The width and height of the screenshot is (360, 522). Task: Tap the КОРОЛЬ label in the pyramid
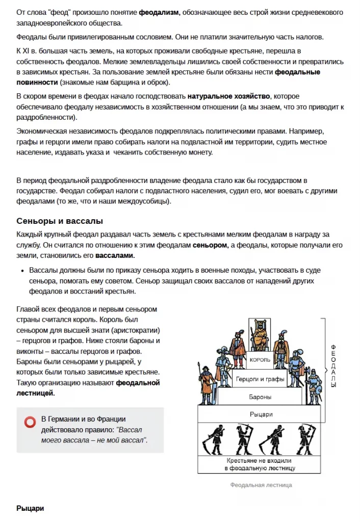pyautogui.click(x=260, y=359)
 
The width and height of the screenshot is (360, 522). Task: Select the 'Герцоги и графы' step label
pyautogui.click(x=260, y=379)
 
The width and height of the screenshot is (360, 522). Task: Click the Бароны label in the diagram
pyautogui.click(x=260, y=396)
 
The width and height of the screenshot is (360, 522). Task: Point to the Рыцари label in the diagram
pyautogui.click(x=260, y=413)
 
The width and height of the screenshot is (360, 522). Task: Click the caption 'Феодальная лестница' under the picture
pyautogui.click(x=261, y=485)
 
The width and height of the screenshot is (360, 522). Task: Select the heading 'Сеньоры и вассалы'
pyautogui.click(x=60, y=221)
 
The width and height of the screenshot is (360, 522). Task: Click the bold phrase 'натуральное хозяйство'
pyautogui.click(x=229, y=96)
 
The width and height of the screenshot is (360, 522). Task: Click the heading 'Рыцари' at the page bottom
pyautogui.click(x=30, y=508)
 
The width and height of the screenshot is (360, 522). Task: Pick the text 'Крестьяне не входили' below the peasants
pyautogui.click(x=260, y=460)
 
